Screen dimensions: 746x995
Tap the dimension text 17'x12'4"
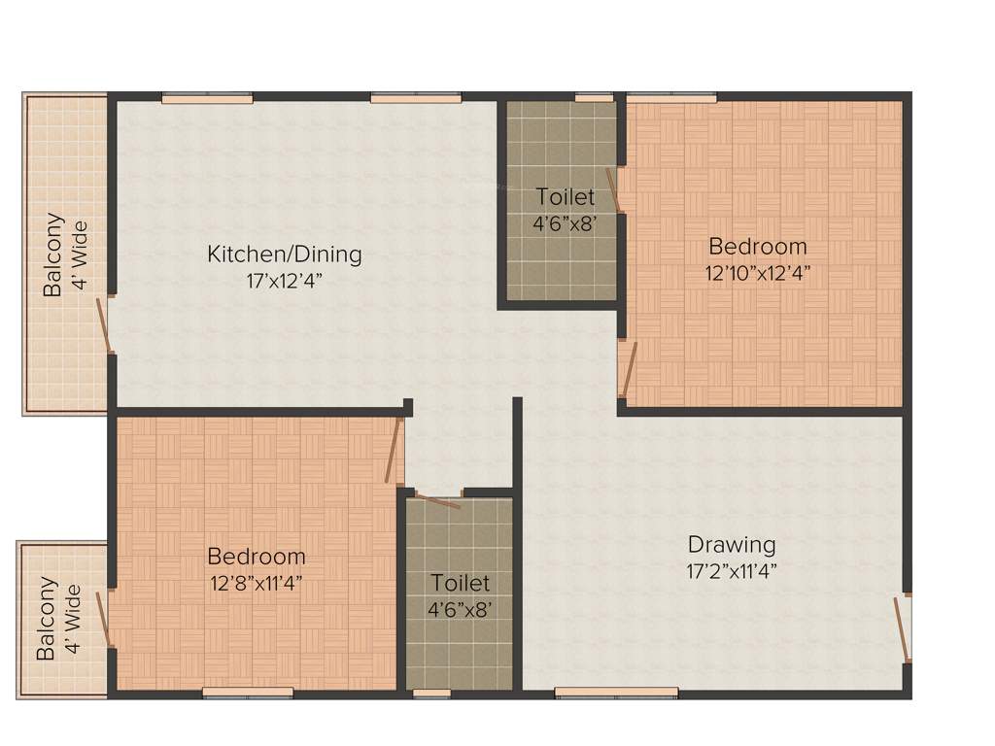point(284,281)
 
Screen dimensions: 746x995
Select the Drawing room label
point(732,544)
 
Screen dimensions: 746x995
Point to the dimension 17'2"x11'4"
point(732,570)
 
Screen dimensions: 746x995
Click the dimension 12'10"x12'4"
point(758,273)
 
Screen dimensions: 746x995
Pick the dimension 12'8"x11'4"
point(257,584)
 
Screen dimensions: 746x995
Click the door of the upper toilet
point(613,189)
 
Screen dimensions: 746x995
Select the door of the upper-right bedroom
point(629,370)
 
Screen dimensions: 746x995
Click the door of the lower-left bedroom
point(393,451)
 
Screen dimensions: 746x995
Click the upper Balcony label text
point(52,254)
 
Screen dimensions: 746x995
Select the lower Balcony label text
point(47,619)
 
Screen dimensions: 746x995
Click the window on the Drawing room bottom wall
point(616,693)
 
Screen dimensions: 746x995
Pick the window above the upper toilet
point(588,97)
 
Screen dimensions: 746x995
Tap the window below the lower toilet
point(431,694)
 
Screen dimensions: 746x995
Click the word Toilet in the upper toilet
point(565,197)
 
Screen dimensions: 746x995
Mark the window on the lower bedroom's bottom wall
point(248,693)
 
